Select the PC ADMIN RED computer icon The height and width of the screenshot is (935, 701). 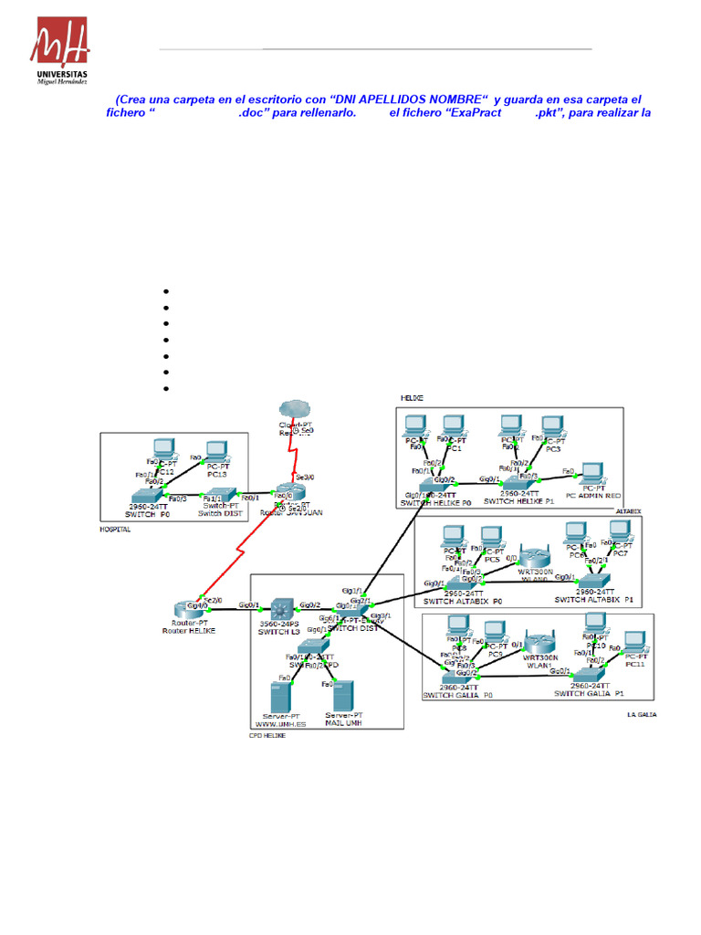593,472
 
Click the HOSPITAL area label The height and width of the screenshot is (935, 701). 116,529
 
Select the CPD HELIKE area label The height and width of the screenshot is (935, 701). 267,734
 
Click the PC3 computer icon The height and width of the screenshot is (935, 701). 551,427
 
